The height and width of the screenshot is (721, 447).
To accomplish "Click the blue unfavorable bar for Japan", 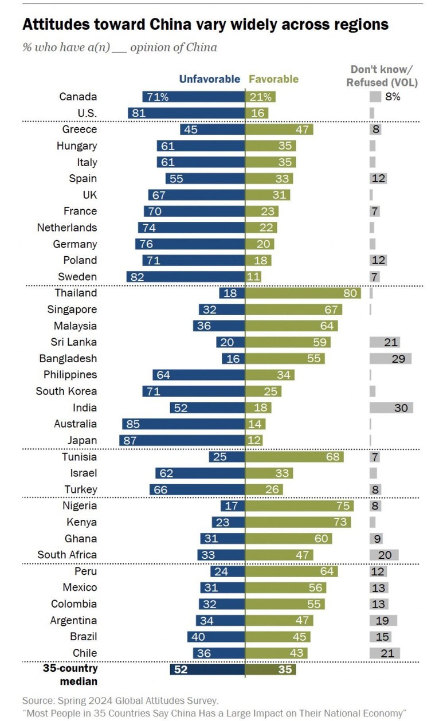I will (182, 440).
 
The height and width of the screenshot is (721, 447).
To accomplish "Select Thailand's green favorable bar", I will (303, 293).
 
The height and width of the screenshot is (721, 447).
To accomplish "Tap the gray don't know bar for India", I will (391, 407).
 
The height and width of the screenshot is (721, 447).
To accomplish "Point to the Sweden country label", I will (77, 277).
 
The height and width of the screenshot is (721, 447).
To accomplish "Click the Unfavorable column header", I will (209, 79).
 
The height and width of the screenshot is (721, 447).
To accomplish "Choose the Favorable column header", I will (273, 79).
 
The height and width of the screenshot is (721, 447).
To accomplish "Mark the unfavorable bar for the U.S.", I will (186, 113).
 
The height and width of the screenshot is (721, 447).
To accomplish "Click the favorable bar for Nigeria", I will (299, 506).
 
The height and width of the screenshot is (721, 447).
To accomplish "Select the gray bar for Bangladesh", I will (390, 358).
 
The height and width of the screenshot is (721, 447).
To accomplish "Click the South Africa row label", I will (67, 555).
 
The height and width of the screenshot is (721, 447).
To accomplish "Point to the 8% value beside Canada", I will (393, 97).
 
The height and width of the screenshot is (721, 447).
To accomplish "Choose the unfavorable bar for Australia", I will (183, 424).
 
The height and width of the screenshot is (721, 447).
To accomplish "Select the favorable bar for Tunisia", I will (295, 457).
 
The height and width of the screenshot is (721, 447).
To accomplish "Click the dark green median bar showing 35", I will (270, 669).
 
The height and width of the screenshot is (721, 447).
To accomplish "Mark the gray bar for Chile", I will (385, 653).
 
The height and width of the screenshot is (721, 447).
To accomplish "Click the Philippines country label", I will (70, 375).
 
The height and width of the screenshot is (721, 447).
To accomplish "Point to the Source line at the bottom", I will (120, 700).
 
